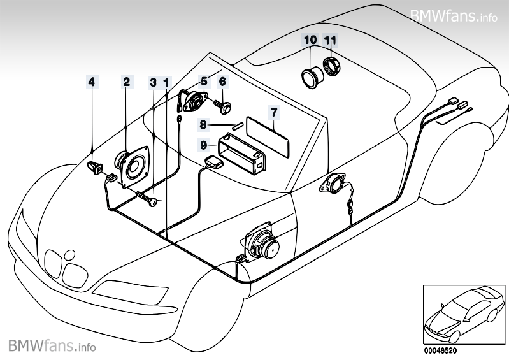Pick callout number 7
click(x=273, y=113)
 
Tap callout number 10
click(x=311, y=40)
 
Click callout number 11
click(x=330, y=40)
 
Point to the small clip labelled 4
click(x=94, y=168)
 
